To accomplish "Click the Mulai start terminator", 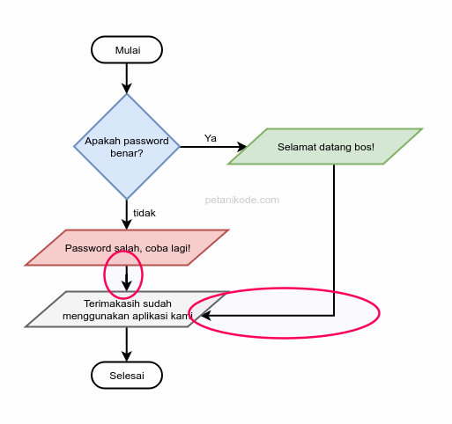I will pyautogui.click(x=127, y=50).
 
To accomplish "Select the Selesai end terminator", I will pyautogui.click(x=127, y=376).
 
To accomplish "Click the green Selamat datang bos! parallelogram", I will pyautogui.click(x=325, y=147).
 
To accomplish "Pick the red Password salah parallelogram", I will pyautogui.click(x=127, y=248).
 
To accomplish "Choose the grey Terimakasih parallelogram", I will pyautogui.click(x=127, y=310).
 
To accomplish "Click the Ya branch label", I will pyautogui.click(x=211, y=138).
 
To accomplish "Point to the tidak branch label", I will pyautogui.click(x=144, y=214).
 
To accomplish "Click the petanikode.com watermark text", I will pyautogui.click(x=242, y=200).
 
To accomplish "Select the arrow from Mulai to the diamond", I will pyautogui.click(x=127, y=78).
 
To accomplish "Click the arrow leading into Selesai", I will pyautogui.click(x=127, y=345).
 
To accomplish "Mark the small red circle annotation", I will pyautogui.click(x=123, y=274).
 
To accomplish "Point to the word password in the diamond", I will pyautogui.click(x=145, y=141).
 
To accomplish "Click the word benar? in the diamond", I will pyautogui.click(x=127, y=153).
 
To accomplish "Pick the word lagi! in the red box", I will pyautogui.click(x=177, y=248).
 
